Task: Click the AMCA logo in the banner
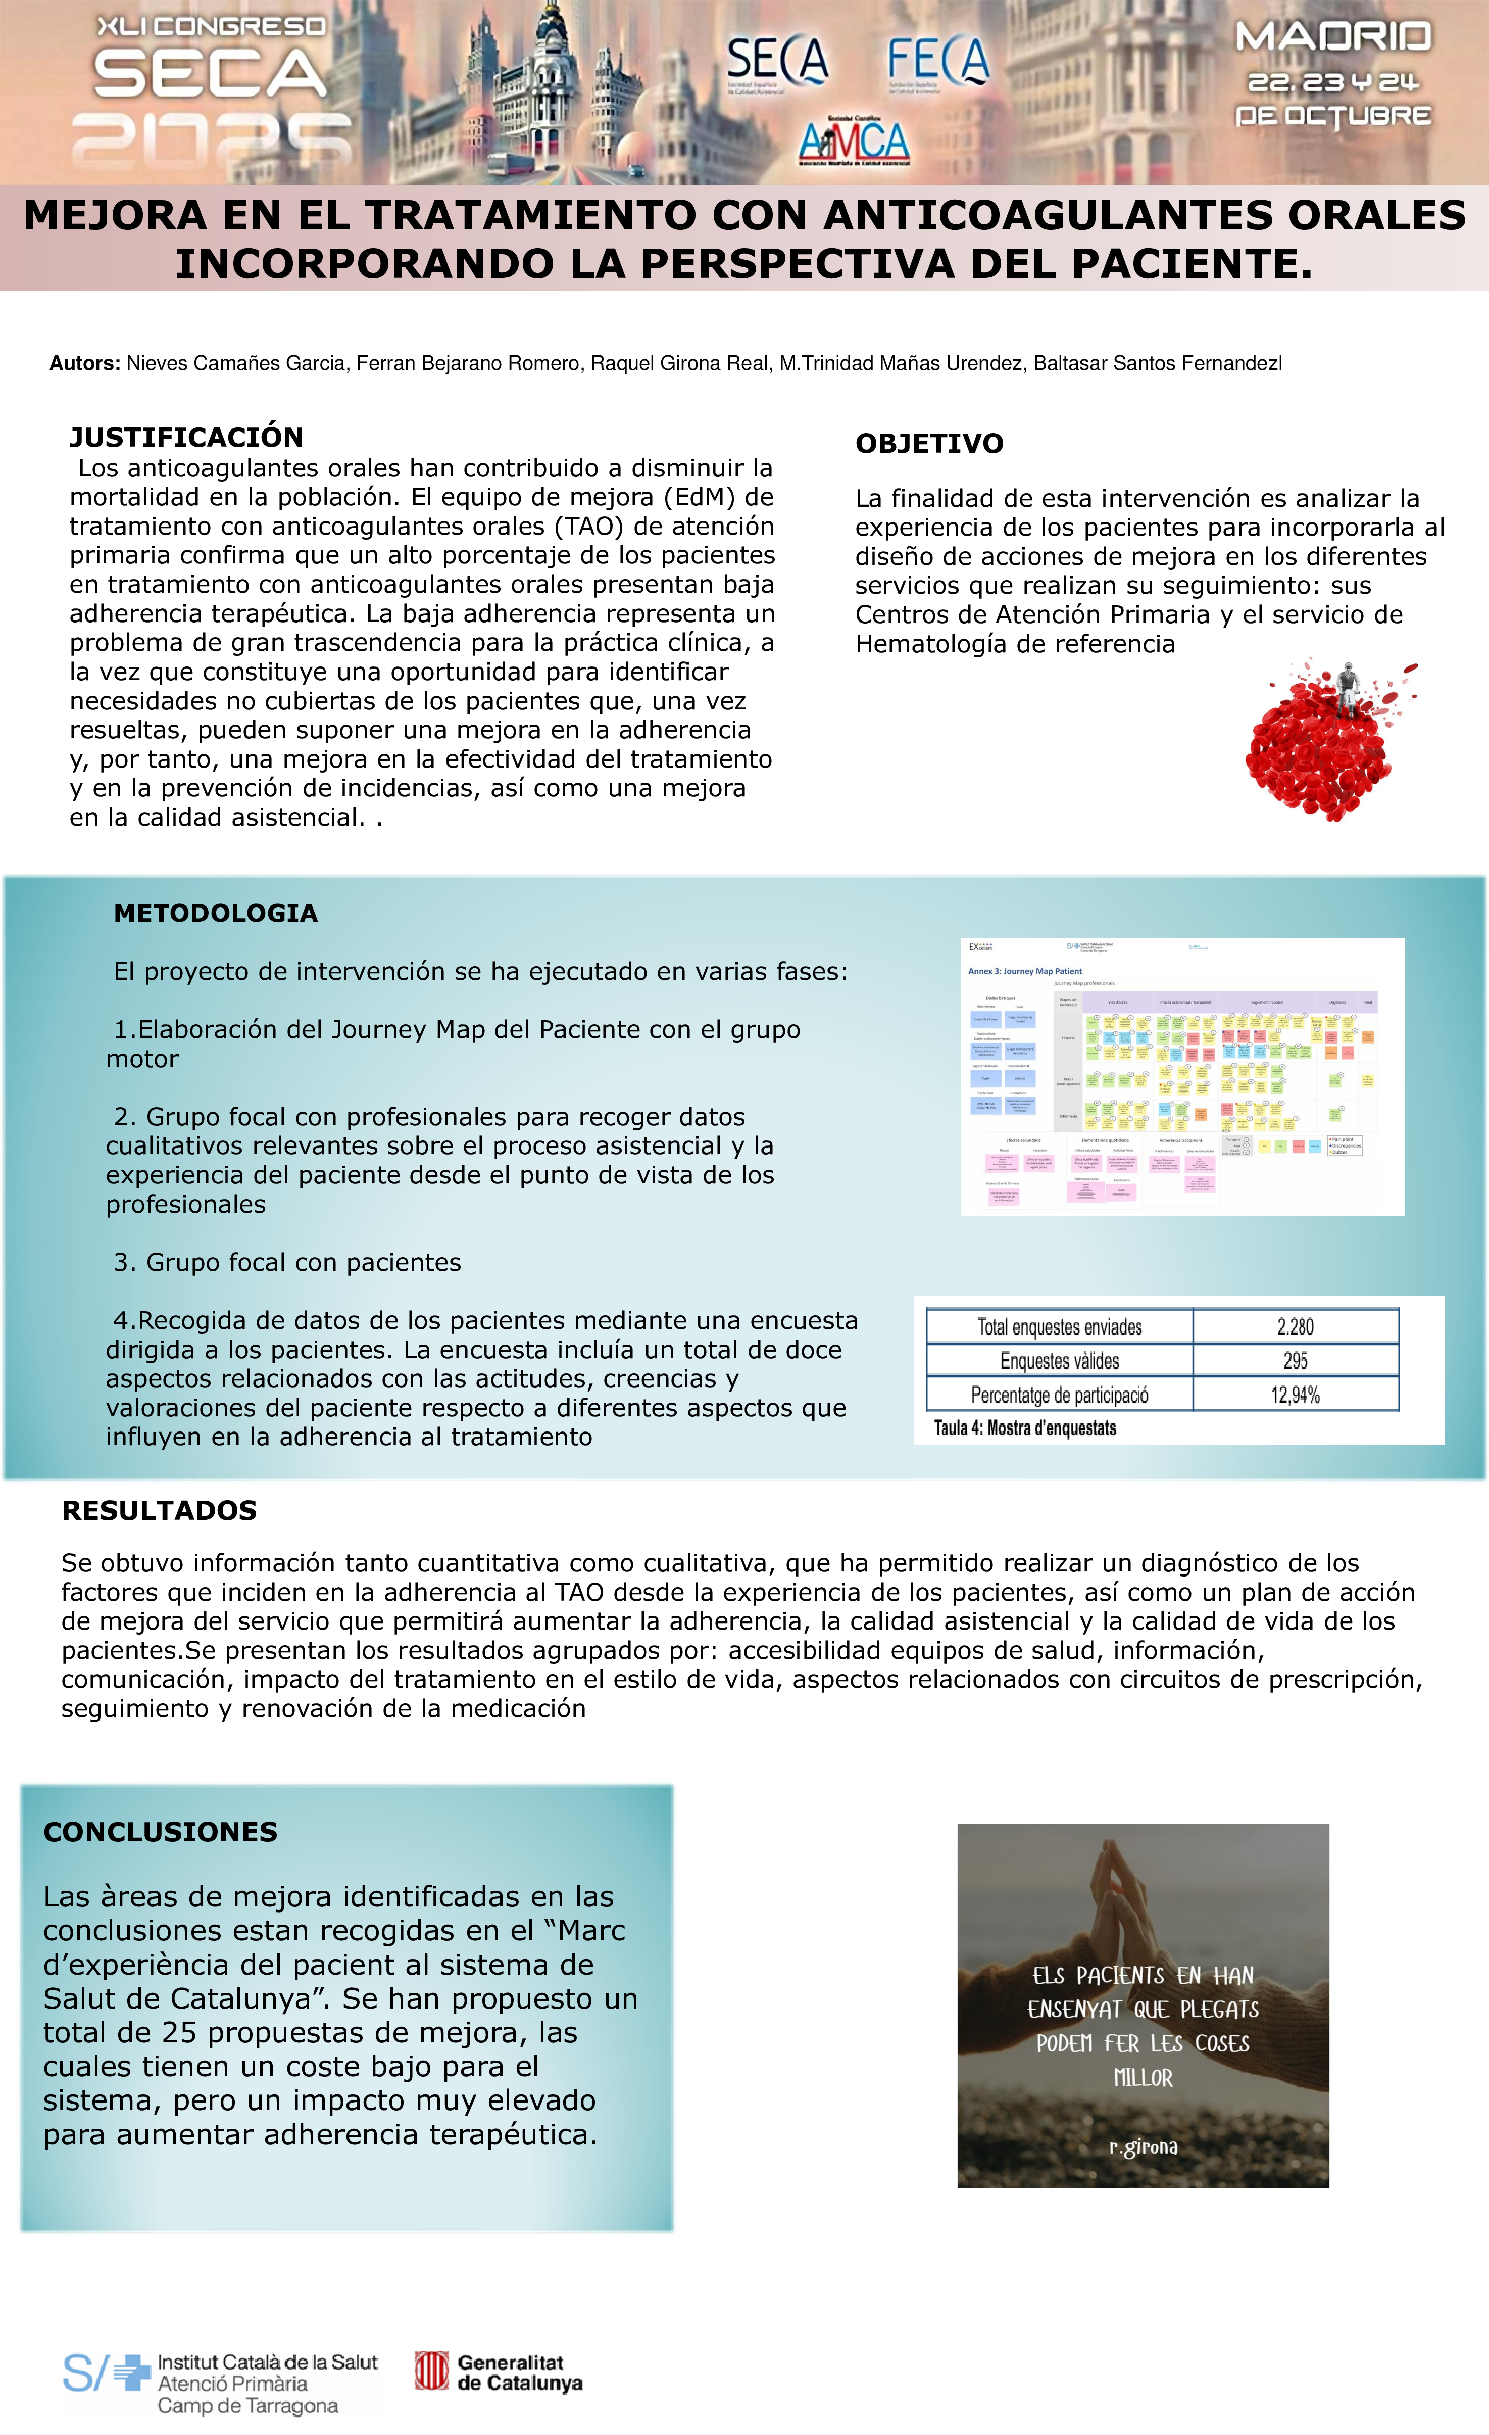(854, 141)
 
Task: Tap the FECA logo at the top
(937, 61)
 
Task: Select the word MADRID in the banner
(1333, 37)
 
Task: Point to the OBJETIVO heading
(929, 444)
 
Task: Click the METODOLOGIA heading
(215, 913)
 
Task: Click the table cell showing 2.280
(1296, 1327)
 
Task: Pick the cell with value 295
(1296, 1361)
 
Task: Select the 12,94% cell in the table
(1296, 1395)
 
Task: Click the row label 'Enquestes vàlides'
(1059, 1361)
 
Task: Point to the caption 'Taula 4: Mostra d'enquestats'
(1025, 1428)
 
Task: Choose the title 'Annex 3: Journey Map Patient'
(1025, 972)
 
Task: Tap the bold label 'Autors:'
(85, 364)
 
